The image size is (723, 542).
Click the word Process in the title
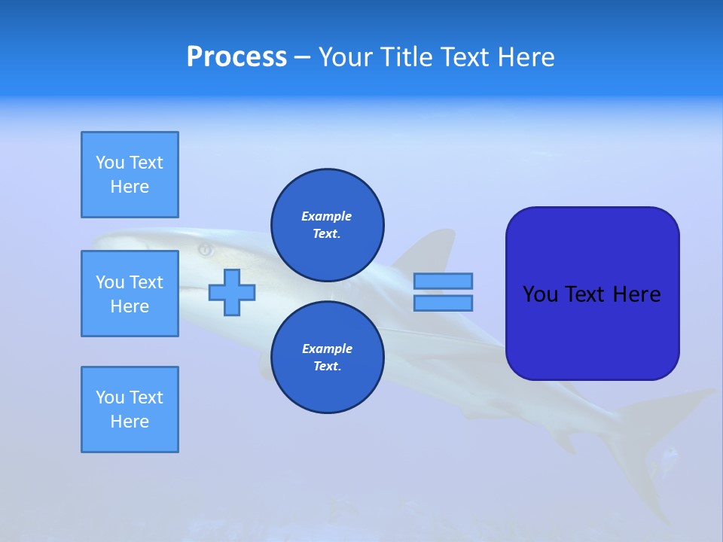236,57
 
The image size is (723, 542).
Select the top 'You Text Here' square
130,175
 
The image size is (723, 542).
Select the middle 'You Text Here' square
130,294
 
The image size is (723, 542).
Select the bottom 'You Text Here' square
130,410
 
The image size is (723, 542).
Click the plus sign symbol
232,292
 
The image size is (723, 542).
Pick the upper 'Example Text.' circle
328,224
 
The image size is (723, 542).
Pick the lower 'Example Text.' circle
328,357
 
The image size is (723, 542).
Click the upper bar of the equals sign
443,281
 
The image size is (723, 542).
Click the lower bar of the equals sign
443,303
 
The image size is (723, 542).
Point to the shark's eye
204,248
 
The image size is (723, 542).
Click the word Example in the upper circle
327,216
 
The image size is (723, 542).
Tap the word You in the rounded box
539,294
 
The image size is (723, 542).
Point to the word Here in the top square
130,187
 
